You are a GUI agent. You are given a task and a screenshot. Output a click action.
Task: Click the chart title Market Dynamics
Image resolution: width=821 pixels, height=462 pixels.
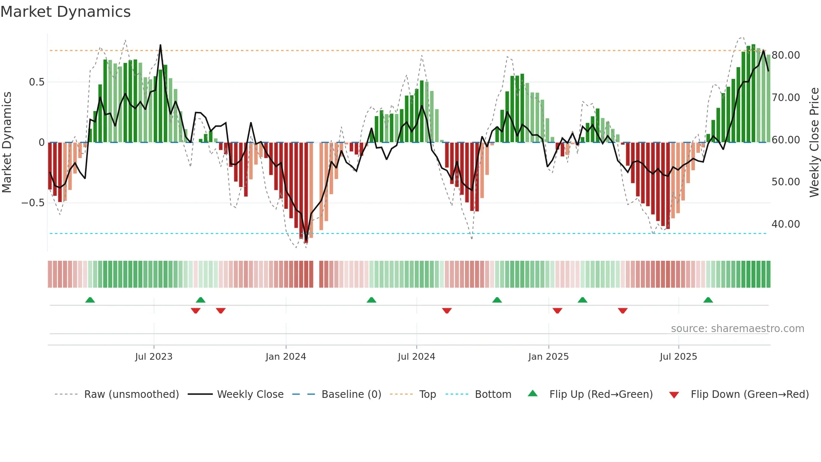(66, 12)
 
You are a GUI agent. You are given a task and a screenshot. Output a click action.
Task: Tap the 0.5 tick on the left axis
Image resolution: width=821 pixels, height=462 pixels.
(36, 82)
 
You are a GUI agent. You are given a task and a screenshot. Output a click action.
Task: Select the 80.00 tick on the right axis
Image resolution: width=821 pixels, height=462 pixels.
(785, 55)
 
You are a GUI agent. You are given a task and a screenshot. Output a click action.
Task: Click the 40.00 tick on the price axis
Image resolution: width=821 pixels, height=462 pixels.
(785, 224)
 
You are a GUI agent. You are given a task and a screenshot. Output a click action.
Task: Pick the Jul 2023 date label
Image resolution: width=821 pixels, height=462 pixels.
(154, 357)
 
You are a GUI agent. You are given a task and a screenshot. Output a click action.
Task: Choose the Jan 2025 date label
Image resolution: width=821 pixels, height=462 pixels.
(548, 357)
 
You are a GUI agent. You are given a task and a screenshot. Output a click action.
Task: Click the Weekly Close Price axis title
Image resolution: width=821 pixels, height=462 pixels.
(814, 143)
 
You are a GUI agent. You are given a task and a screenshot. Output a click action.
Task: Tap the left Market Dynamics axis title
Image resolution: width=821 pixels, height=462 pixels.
(7, 143)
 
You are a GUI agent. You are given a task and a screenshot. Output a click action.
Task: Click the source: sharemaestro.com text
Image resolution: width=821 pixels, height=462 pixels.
(737, 329)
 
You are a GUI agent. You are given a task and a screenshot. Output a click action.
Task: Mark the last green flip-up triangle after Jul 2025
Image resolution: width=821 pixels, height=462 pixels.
(708, 300)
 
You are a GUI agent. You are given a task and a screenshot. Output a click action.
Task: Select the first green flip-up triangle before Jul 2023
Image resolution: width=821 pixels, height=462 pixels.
(90, 300)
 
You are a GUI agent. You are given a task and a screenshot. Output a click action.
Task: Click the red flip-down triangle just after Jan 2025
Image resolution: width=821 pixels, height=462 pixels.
(557, 311)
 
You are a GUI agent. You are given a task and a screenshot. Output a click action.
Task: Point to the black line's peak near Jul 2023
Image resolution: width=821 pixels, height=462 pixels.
(160, 45)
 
